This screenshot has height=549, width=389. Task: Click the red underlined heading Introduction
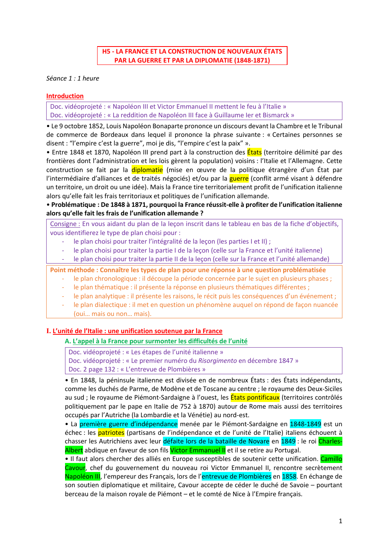65,96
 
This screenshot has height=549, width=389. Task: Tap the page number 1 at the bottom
340,521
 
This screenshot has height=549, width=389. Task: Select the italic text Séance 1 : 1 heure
72,79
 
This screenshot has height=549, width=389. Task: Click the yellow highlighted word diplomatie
147,170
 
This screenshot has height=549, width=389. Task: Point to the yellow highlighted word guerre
239,179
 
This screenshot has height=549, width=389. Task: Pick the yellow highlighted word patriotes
111,433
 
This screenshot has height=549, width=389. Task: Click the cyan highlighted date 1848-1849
305,424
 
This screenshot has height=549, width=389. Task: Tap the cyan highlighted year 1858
289,476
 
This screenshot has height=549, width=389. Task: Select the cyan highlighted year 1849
288,441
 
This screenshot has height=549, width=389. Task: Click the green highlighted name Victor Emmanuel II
198,450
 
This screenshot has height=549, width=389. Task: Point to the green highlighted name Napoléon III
83,476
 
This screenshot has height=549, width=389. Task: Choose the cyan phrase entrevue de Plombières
236,476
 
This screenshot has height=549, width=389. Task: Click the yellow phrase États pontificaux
255,398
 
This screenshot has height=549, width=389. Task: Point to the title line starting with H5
192,52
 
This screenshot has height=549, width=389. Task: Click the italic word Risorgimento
217,361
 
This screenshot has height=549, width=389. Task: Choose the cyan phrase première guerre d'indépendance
128,424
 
